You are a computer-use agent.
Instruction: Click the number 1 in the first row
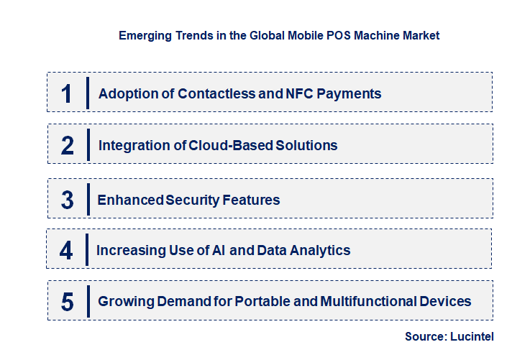click(67, 93)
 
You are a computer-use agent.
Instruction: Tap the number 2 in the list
click(67, 145)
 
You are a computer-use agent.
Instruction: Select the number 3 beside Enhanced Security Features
click(67, 200)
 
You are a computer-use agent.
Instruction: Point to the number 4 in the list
click(66, 251)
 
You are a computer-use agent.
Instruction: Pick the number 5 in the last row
click(67, 302)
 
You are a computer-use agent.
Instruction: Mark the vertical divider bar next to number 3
click(88, 198)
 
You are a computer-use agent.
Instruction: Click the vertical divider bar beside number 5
click(88, 300)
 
